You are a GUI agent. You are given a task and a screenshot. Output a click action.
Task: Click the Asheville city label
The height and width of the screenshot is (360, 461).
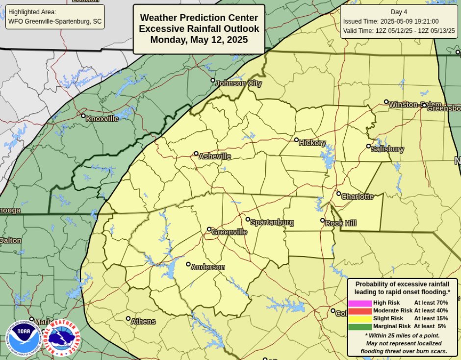214,156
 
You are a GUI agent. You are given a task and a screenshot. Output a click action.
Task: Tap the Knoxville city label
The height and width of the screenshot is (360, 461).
102,119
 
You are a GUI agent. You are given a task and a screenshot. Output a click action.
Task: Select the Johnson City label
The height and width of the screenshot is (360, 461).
238,83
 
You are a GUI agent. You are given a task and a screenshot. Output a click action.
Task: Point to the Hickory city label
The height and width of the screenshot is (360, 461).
312,143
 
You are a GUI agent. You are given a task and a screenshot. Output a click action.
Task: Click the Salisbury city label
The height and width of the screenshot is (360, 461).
387,149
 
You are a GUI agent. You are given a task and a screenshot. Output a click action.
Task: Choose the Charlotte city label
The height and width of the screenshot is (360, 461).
357,197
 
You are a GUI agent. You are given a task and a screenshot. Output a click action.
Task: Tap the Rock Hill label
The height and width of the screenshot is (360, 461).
341,223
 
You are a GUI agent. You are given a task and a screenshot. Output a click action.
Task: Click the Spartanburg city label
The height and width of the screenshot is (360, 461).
272,223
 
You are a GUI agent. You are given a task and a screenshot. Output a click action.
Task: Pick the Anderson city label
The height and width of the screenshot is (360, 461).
207,267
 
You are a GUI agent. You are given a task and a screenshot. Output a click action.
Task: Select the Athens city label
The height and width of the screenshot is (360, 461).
143,322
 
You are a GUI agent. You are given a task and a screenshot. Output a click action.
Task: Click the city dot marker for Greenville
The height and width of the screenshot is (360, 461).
209,229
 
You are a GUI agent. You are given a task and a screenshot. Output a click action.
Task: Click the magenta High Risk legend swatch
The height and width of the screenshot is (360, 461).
360,303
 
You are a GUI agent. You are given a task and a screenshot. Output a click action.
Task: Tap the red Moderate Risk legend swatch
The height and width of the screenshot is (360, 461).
360,311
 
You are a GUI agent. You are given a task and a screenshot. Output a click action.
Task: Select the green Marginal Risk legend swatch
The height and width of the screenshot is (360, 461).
360,327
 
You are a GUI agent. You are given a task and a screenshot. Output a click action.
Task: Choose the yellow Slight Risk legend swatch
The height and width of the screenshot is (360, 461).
360,319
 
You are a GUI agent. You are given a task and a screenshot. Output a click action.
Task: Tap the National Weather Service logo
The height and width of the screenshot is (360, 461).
62,339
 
